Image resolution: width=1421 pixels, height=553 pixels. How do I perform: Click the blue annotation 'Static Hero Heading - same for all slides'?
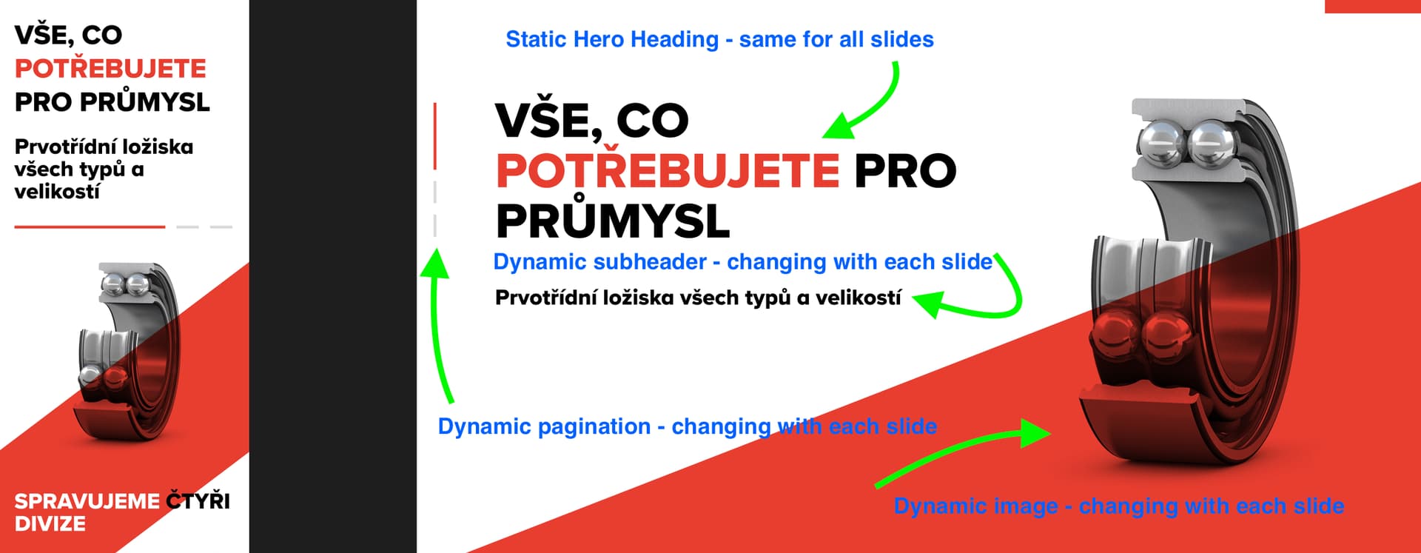(719, 39)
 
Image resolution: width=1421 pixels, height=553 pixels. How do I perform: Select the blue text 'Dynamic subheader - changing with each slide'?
(742, 262)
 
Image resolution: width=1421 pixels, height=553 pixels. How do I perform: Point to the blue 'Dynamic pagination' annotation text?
(688, 426)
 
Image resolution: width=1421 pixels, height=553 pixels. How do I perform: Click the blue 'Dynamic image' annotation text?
(1119, 506)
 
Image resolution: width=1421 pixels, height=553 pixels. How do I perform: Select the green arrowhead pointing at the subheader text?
(929, 302)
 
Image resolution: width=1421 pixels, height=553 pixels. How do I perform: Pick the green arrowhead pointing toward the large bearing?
(1035, 433)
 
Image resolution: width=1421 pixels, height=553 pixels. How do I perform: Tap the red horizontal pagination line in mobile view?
(90, 227)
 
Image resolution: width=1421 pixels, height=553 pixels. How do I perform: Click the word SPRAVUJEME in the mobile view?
(87, 501)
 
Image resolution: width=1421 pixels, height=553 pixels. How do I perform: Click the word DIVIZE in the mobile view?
(50, 524)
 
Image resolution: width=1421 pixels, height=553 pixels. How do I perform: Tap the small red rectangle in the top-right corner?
(1372, 6)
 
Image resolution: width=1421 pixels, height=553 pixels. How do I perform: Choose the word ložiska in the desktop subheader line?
(634, 298)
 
